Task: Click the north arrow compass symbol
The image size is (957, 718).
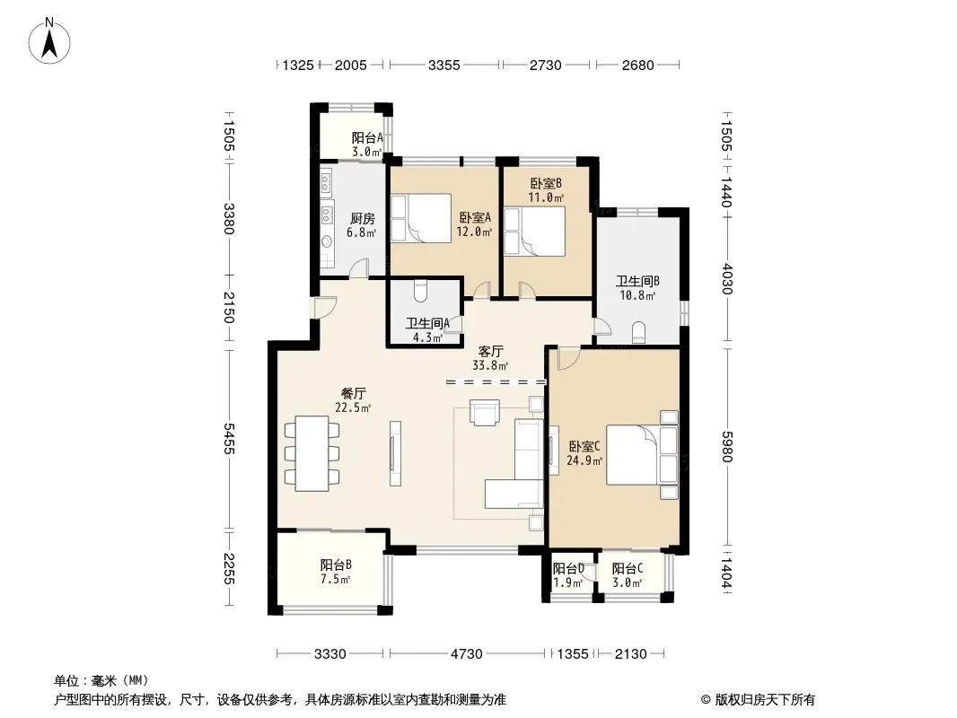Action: click(49, 40)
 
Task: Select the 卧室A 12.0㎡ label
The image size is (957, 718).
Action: click(474, 224)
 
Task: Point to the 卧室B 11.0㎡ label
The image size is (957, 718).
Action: click(546, 190)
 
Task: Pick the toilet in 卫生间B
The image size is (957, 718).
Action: click(638, 331)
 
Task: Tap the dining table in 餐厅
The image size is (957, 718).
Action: click(312, 453)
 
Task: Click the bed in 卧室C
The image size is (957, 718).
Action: click(642, 455)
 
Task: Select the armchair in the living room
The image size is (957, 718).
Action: click(485, 412)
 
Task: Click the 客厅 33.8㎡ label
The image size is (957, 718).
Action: click(490, 359)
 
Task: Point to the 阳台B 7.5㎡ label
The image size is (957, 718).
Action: click(336, 573)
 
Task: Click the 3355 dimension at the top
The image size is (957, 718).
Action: click(443, 65)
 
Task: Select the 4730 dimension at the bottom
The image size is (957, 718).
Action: click(466, 654)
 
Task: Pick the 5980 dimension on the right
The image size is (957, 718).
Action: click(726, 447)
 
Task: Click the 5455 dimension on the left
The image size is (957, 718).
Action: click(228, 438)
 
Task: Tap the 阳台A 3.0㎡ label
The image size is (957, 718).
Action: click(367, 145)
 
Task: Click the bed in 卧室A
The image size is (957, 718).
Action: click(421, 218)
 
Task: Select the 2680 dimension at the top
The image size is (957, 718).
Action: click(637, 65)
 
